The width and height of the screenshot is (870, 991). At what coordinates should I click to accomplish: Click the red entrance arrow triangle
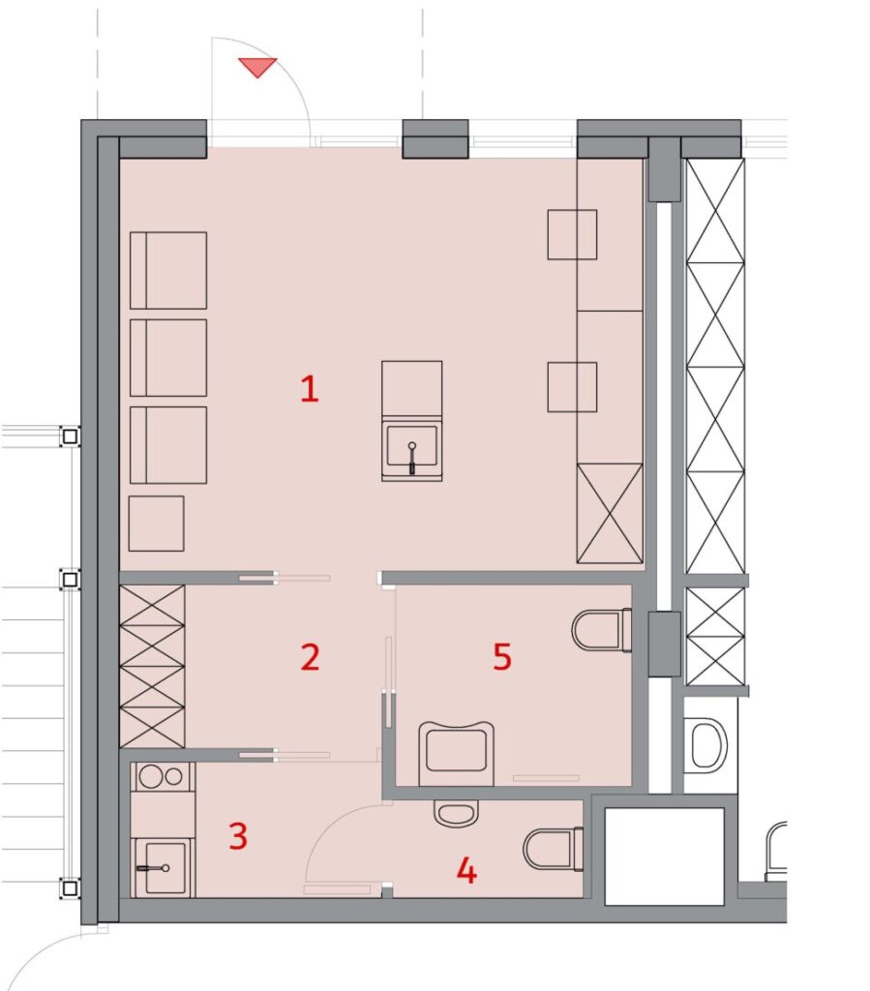(x=257, y=67)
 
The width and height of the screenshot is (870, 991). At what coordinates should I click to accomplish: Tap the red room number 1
(x=309, y=389)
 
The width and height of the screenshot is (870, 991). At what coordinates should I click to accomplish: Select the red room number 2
(x=310, y=657)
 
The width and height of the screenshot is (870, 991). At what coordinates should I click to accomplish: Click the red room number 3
(x=237, y=835)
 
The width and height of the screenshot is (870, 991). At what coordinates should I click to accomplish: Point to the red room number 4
(x=466, y=871)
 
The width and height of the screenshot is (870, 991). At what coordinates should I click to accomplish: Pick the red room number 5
(x=501, y=657)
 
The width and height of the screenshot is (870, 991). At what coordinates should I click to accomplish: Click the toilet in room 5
(x=602, y=629)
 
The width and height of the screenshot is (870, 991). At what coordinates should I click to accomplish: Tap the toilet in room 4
(x=554, y=849)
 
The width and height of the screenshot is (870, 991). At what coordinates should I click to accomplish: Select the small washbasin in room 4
(x=456, y=813)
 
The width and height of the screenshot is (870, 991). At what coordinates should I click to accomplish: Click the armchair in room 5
(x=456, y=753)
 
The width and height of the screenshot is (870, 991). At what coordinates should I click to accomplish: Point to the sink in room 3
(x=163, y=868)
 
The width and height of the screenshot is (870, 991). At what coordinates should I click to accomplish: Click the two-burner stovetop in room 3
(x=163, y=777)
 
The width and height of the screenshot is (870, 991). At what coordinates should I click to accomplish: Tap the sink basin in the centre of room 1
(x=412, y=449)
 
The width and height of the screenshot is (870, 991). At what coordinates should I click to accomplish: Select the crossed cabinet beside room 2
(x=152, y=666)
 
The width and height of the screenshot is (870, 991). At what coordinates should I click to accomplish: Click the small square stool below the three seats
(x=156, y=524)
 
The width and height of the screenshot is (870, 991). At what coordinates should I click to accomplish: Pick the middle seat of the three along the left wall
(x=168, y=358)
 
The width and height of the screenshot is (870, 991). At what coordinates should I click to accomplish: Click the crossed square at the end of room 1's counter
(x=610, y=513)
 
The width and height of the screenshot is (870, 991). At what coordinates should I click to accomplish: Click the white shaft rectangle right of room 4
(x=664, y=856)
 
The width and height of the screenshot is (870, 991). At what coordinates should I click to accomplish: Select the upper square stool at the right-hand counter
(x=572, y=234)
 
